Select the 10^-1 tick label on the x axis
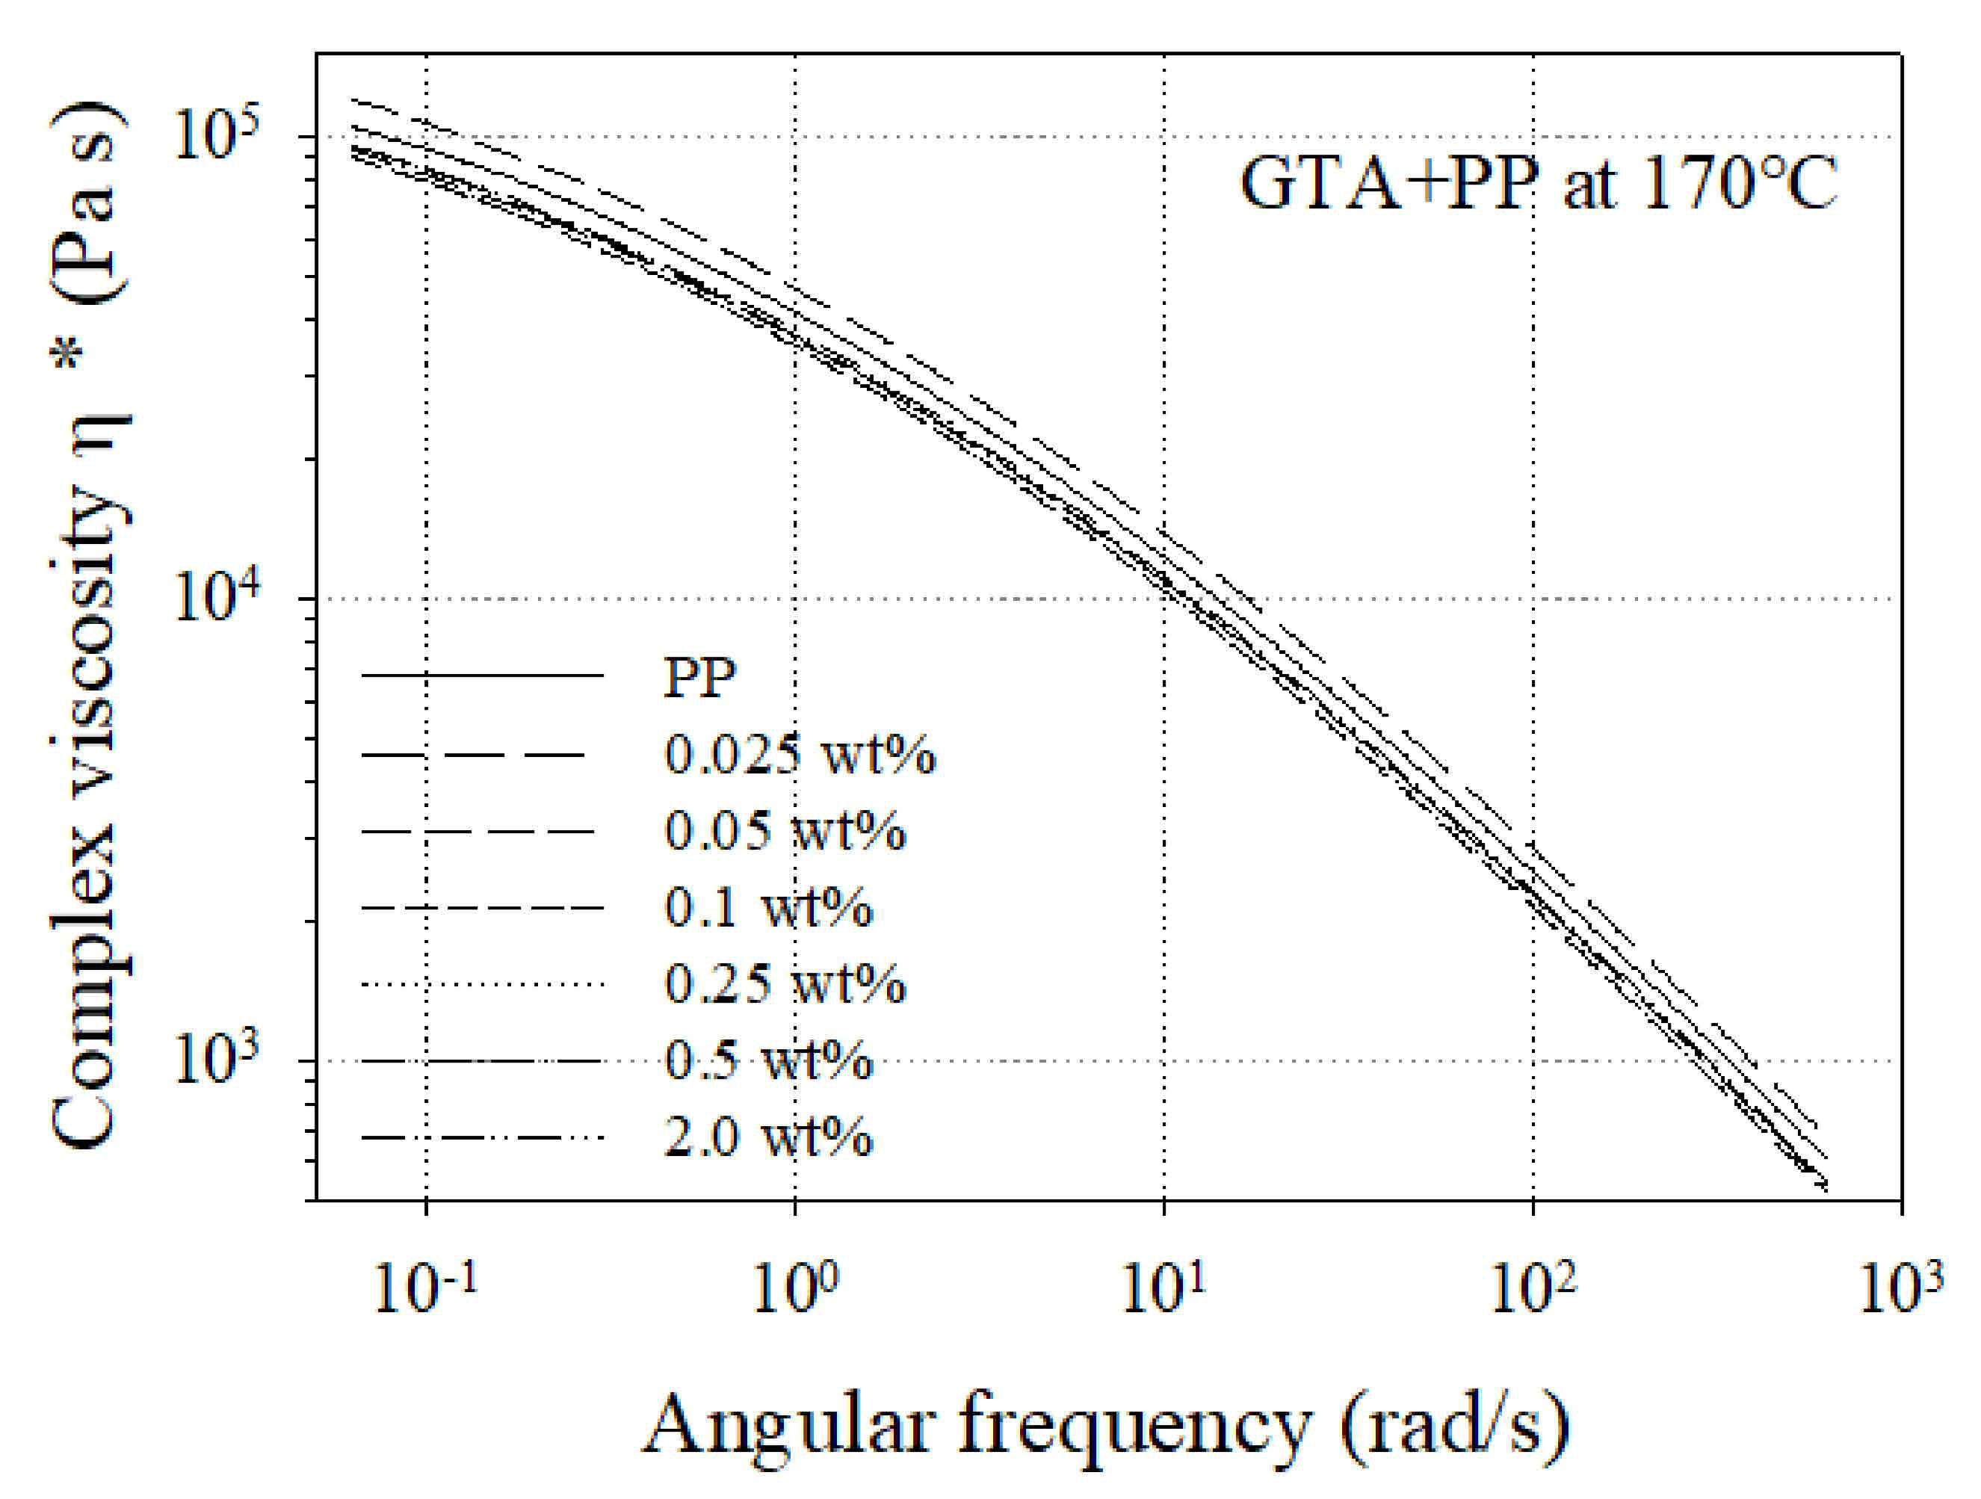click(424, 1291)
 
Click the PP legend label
click(699, 677)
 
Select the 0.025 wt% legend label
click(800, 754)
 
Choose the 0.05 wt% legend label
click(785, 831)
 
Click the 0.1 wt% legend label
click(768, 907)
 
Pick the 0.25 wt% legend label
click(785, 984)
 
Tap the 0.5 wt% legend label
click(768, 1061)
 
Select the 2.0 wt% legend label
click(768, 1138)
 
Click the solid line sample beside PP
click(483, 674)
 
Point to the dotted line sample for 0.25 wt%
click(483, 985)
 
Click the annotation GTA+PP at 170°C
click(1539, 184)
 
